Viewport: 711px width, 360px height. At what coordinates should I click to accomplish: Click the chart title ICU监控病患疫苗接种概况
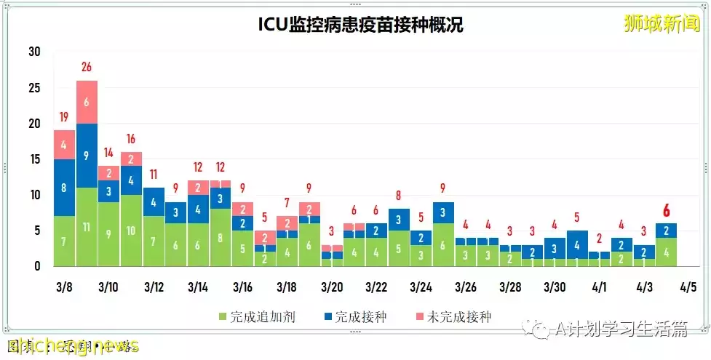(x=360, y=25)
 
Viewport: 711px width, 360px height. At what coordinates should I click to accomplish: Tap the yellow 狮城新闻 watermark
(x=661, y=23)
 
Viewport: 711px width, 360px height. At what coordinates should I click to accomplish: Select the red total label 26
(x=87, y=68)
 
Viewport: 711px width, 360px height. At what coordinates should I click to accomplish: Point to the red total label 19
(x=64, y=117)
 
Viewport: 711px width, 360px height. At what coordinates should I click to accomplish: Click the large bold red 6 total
(x=666, y=211)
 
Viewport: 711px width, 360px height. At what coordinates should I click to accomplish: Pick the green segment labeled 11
(x=87, y=227)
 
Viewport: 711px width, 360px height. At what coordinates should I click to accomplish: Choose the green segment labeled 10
(x=132, y=231)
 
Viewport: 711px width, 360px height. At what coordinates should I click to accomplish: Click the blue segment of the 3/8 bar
(x=64, y=188)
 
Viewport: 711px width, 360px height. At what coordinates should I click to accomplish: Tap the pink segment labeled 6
(x=87, y=102)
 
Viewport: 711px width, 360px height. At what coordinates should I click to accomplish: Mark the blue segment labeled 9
(x=87, y=155)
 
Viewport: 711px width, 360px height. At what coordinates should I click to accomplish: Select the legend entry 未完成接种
(x=452, y=317)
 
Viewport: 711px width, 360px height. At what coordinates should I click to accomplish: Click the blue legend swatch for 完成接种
(x=327, y=317)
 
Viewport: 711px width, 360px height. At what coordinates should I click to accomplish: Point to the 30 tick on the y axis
(x=34, y=52)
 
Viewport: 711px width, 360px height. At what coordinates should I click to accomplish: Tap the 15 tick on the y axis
(x=34, y=159)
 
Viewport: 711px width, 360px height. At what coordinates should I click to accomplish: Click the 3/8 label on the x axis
(x=63, y=287)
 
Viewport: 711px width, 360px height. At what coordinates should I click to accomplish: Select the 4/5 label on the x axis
(x=687, y=287)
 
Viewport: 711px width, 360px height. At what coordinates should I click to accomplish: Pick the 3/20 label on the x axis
(x=331, y=287)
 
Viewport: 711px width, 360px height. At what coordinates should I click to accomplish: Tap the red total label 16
(x=132, y=139)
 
